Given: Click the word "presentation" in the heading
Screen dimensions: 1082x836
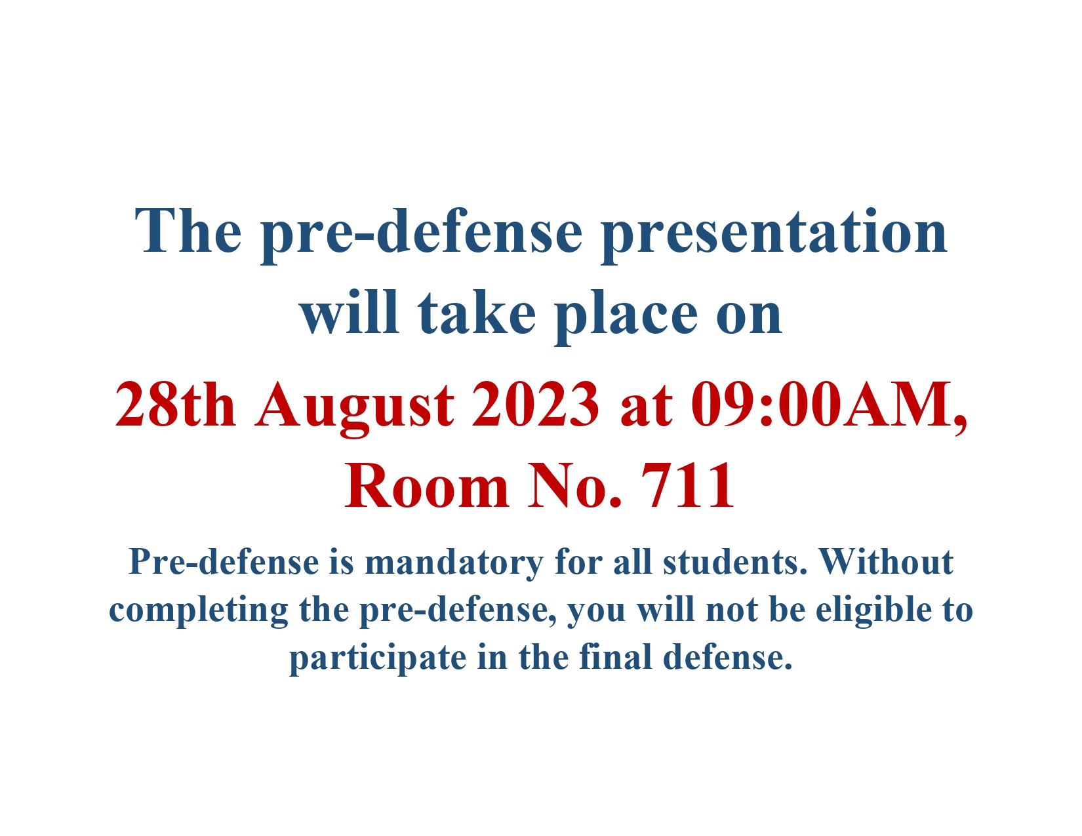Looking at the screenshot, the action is [774, 234].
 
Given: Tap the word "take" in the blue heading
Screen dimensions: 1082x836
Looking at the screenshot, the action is [477, 313].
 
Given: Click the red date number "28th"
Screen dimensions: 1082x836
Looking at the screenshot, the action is [175, 404].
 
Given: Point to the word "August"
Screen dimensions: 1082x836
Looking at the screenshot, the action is [355, 408].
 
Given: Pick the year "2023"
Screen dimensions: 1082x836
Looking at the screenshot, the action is [535, 404].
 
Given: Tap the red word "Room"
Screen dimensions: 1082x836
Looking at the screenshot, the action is [427, 485].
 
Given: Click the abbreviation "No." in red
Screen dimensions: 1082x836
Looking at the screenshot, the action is [575, 485].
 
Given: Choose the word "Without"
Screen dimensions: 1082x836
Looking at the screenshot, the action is [887, 563].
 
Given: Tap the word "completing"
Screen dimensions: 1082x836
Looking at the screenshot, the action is [198, 612].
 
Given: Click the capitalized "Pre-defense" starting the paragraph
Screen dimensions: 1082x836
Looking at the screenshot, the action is [224, 563].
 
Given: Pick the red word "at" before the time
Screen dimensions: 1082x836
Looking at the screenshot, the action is [646, 408].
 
